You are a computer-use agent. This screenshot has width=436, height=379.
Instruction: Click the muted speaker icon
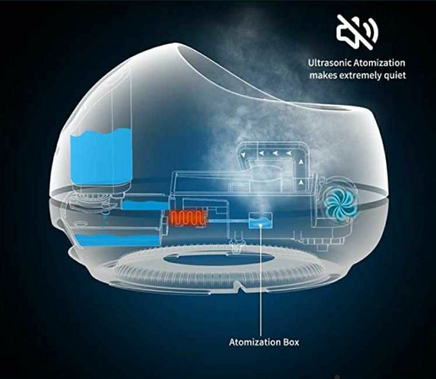click(x=357, y=32)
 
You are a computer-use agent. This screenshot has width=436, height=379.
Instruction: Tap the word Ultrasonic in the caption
click(x=330, y=63)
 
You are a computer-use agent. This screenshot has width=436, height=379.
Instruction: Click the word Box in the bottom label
click(x=291, y=342)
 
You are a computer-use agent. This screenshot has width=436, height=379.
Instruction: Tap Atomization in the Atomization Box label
click(x=255, y=342)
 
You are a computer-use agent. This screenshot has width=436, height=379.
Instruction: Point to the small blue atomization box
click(x=261, y=221)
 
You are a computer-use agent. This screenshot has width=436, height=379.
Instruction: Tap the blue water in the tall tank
click(x=101, y=157)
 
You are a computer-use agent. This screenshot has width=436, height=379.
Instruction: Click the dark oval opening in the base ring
click(x=217, y=259)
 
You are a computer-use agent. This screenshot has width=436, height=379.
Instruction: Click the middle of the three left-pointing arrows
click(x=275, y=152)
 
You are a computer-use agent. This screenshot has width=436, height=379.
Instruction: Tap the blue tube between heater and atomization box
click(x=229, y=221)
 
